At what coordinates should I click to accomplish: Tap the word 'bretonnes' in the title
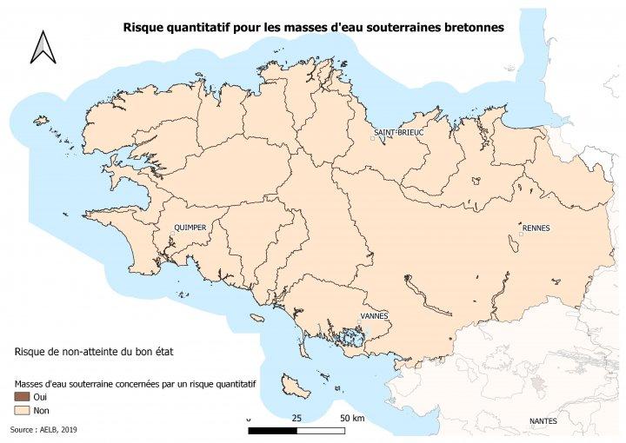(x=471, y=27)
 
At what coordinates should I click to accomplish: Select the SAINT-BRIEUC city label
(x=397, y=132)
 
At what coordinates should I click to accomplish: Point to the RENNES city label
(x=536, y=228)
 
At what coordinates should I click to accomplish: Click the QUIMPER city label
(x=190, y=228)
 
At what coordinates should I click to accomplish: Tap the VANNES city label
(x=374, y=316)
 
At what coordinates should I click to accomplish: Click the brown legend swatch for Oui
(x=22, y=396)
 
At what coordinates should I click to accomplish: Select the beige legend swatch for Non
(x=22, y=409)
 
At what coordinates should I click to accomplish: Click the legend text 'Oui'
(x=40, y=396)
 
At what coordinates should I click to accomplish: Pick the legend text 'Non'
(x=41, y=409)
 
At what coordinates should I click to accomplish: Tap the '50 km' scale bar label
(x=351, y=418)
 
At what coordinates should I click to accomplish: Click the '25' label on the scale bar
(x=296, y=418)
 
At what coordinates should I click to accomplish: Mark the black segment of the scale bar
(x=272, y=429)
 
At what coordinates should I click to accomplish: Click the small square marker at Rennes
(x=521, y=235)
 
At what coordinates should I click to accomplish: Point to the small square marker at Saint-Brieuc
(x=372, y=138)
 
